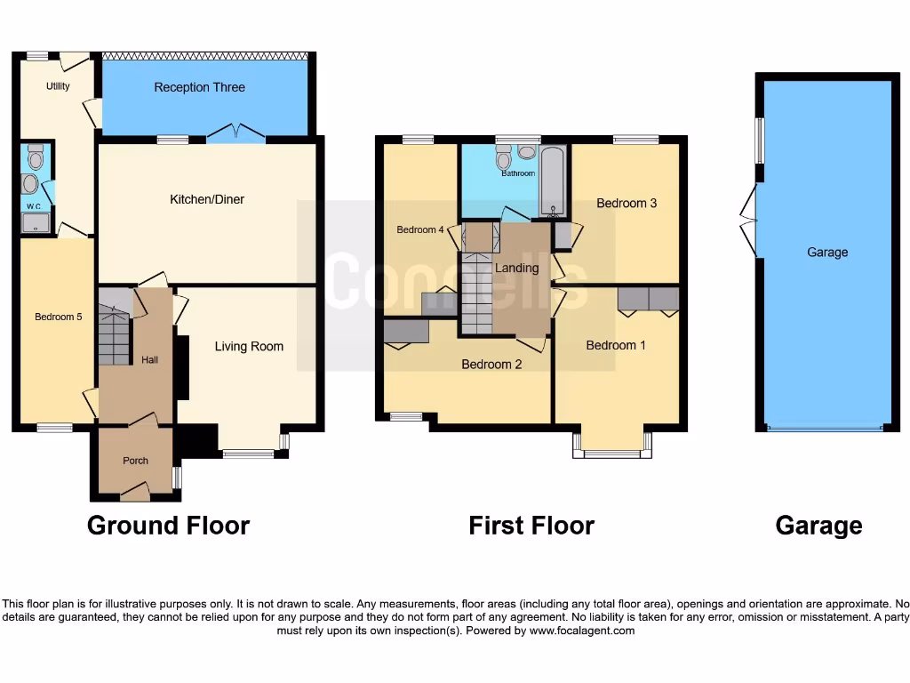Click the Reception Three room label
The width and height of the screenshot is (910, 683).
[199, 87]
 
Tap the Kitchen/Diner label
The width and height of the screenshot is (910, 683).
[207, 199]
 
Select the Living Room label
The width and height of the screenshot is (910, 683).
[249, 346]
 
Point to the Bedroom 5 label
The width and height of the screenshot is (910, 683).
[59, 317]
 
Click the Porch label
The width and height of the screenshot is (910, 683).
[135, 461]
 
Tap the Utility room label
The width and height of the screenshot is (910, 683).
[58, 86]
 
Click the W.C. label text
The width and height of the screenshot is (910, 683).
[35, 206]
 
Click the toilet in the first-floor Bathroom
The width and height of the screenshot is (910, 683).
[503, 159]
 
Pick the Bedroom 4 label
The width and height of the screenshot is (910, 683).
[419, 229]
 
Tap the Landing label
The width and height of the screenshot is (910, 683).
[516, 268]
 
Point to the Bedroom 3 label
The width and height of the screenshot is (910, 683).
[627, 203]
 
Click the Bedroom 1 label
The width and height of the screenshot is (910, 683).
[616, 345]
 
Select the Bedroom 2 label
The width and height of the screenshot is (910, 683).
[491, 364]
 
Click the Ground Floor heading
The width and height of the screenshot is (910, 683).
[168, 526]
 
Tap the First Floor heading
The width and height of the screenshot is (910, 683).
[531, 526]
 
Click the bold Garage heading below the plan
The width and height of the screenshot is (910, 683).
[818, 526]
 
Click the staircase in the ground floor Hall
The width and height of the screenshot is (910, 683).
[114, 336]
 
